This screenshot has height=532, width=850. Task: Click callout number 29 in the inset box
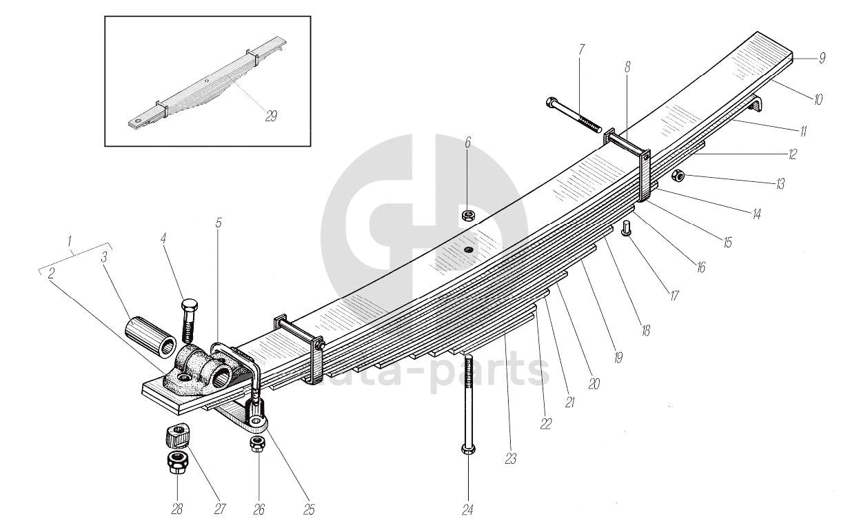tap(271, 116)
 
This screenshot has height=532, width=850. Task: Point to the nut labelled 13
tap(678, 175)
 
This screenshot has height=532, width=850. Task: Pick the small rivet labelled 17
tap(627, 228)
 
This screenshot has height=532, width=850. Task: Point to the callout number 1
tap(69, 242)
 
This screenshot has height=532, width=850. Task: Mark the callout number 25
tap(308, 509)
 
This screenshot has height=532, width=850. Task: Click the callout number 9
tap(822, 59)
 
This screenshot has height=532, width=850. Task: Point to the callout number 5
tap(219, 223)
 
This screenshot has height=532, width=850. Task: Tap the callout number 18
tap(645, 331)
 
